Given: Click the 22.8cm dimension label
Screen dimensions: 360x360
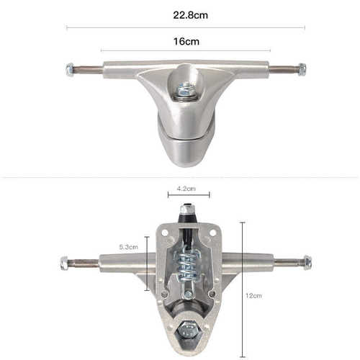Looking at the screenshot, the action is click(190, 15).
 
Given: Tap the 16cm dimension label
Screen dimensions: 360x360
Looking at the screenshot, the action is click(186, 42).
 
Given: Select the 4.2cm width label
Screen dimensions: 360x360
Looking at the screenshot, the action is click(186, 189).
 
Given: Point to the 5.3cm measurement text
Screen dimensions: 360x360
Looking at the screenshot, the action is click(129, 247).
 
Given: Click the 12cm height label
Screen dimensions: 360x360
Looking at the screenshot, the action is click(253, 296).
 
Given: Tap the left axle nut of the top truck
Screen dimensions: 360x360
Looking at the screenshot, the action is click(70, 69).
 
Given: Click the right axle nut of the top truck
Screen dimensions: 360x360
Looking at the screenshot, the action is click(302, 70).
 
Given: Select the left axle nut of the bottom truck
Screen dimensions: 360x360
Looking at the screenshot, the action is click(64, 263).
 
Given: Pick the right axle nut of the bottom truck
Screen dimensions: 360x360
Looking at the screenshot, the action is click(307, 263).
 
